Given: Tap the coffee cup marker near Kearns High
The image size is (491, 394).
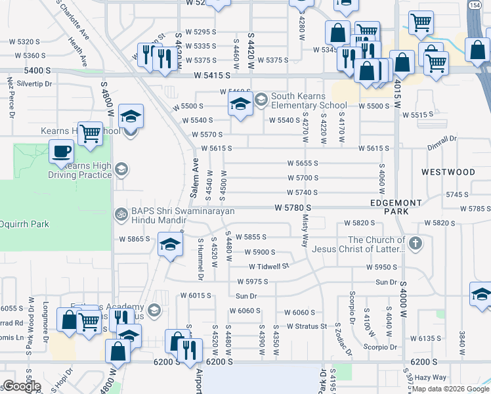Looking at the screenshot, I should [x=62, y=152].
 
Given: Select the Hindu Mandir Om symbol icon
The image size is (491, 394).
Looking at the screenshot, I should [x=120, y=213].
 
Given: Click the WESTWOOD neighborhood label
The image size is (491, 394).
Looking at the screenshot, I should [x=448, y=172].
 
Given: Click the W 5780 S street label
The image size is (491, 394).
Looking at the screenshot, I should [x=292, y=208].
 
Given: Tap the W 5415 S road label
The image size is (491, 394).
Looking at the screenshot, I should [x=215, y=76].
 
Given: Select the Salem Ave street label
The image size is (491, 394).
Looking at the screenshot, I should [x=194, y=179].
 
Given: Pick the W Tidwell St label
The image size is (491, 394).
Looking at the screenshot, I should [x=268, y=266].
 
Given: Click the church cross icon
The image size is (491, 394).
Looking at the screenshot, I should [x=414, y=244].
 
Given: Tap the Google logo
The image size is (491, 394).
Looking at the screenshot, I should [x=22, y=386].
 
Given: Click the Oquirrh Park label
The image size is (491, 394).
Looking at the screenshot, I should [x=24, y=224].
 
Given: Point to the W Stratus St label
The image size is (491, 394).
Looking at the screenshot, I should [x=307, y=326].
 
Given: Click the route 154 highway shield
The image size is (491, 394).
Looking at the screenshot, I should [x=475, y=5].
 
